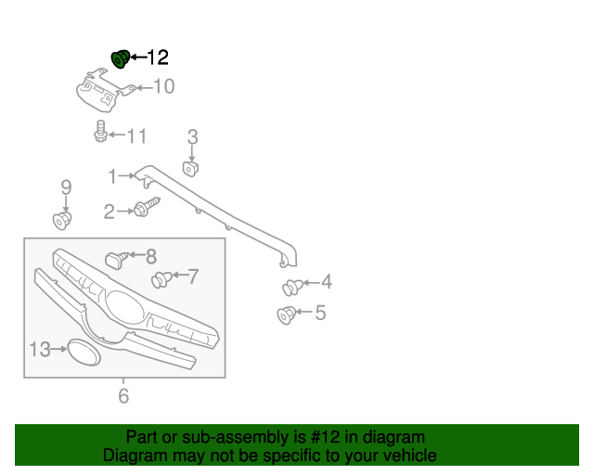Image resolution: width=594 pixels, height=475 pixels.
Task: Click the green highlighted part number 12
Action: (120, 59)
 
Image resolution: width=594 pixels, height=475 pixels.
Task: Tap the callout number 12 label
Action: (158, 58)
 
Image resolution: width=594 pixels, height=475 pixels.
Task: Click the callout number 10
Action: (163, 87)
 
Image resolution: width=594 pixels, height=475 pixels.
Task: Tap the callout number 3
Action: (192, 138)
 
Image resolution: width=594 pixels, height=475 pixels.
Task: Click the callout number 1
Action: (112, 175)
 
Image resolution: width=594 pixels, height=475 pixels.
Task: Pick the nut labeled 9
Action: (62, 221)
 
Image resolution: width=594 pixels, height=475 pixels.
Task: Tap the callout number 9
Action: (66, 187)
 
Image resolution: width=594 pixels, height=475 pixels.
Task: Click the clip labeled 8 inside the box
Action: (116, 256)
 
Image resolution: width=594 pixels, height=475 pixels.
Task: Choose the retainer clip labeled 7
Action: (161, 277)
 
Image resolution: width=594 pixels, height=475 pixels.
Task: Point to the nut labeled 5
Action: (288, 315)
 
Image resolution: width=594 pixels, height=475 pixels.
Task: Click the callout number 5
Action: (320, 313)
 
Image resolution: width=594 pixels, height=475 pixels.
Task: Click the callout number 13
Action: (39, 350)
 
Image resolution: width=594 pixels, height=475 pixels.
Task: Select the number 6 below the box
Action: (123, 397)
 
